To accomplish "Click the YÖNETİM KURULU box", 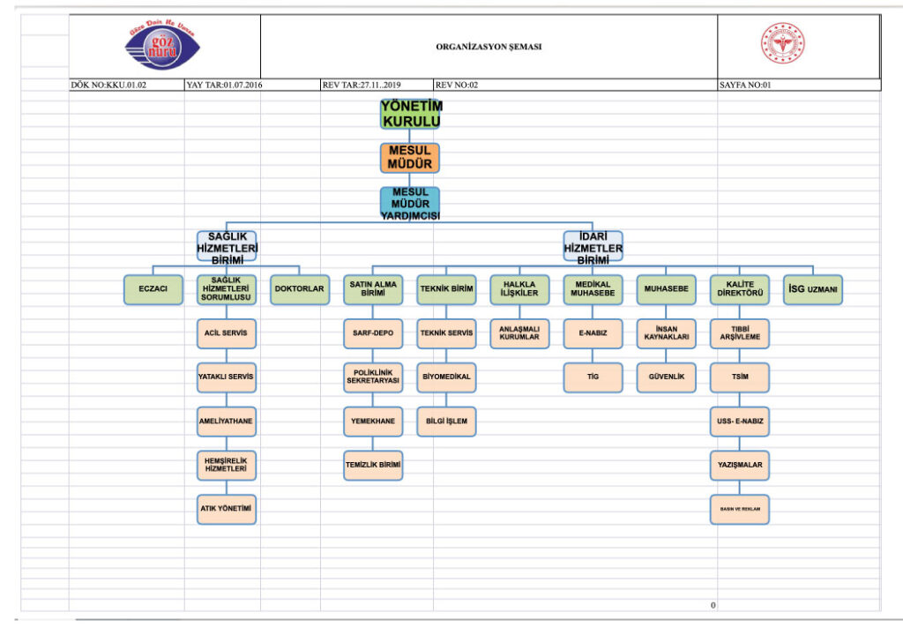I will [410, 114].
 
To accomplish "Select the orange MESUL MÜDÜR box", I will [410, 158].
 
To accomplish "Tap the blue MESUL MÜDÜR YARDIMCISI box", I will [410, 203].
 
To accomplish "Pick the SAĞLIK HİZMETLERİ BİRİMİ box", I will [227, 248].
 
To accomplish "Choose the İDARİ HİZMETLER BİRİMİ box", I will [593, 248].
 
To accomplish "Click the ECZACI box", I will [153, 289].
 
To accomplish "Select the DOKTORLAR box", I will [300, 289].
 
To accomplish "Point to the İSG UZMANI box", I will [813, 289].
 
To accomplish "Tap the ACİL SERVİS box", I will [227, 333].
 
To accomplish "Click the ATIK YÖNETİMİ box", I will [227, 509].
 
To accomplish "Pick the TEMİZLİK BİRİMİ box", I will [373, 465].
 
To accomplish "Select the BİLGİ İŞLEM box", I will [446, 422].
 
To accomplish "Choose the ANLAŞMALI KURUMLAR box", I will [519, 333].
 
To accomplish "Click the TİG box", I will [593, 377].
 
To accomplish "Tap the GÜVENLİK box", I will [667, 377].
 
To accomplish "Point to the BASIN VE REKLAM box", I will [739, 509].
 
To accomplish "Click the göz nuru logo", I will [163, 44].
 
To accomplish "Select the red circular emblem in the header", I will [783, 44].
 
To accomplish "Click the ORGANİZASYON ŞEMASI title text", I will [489, 47].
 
